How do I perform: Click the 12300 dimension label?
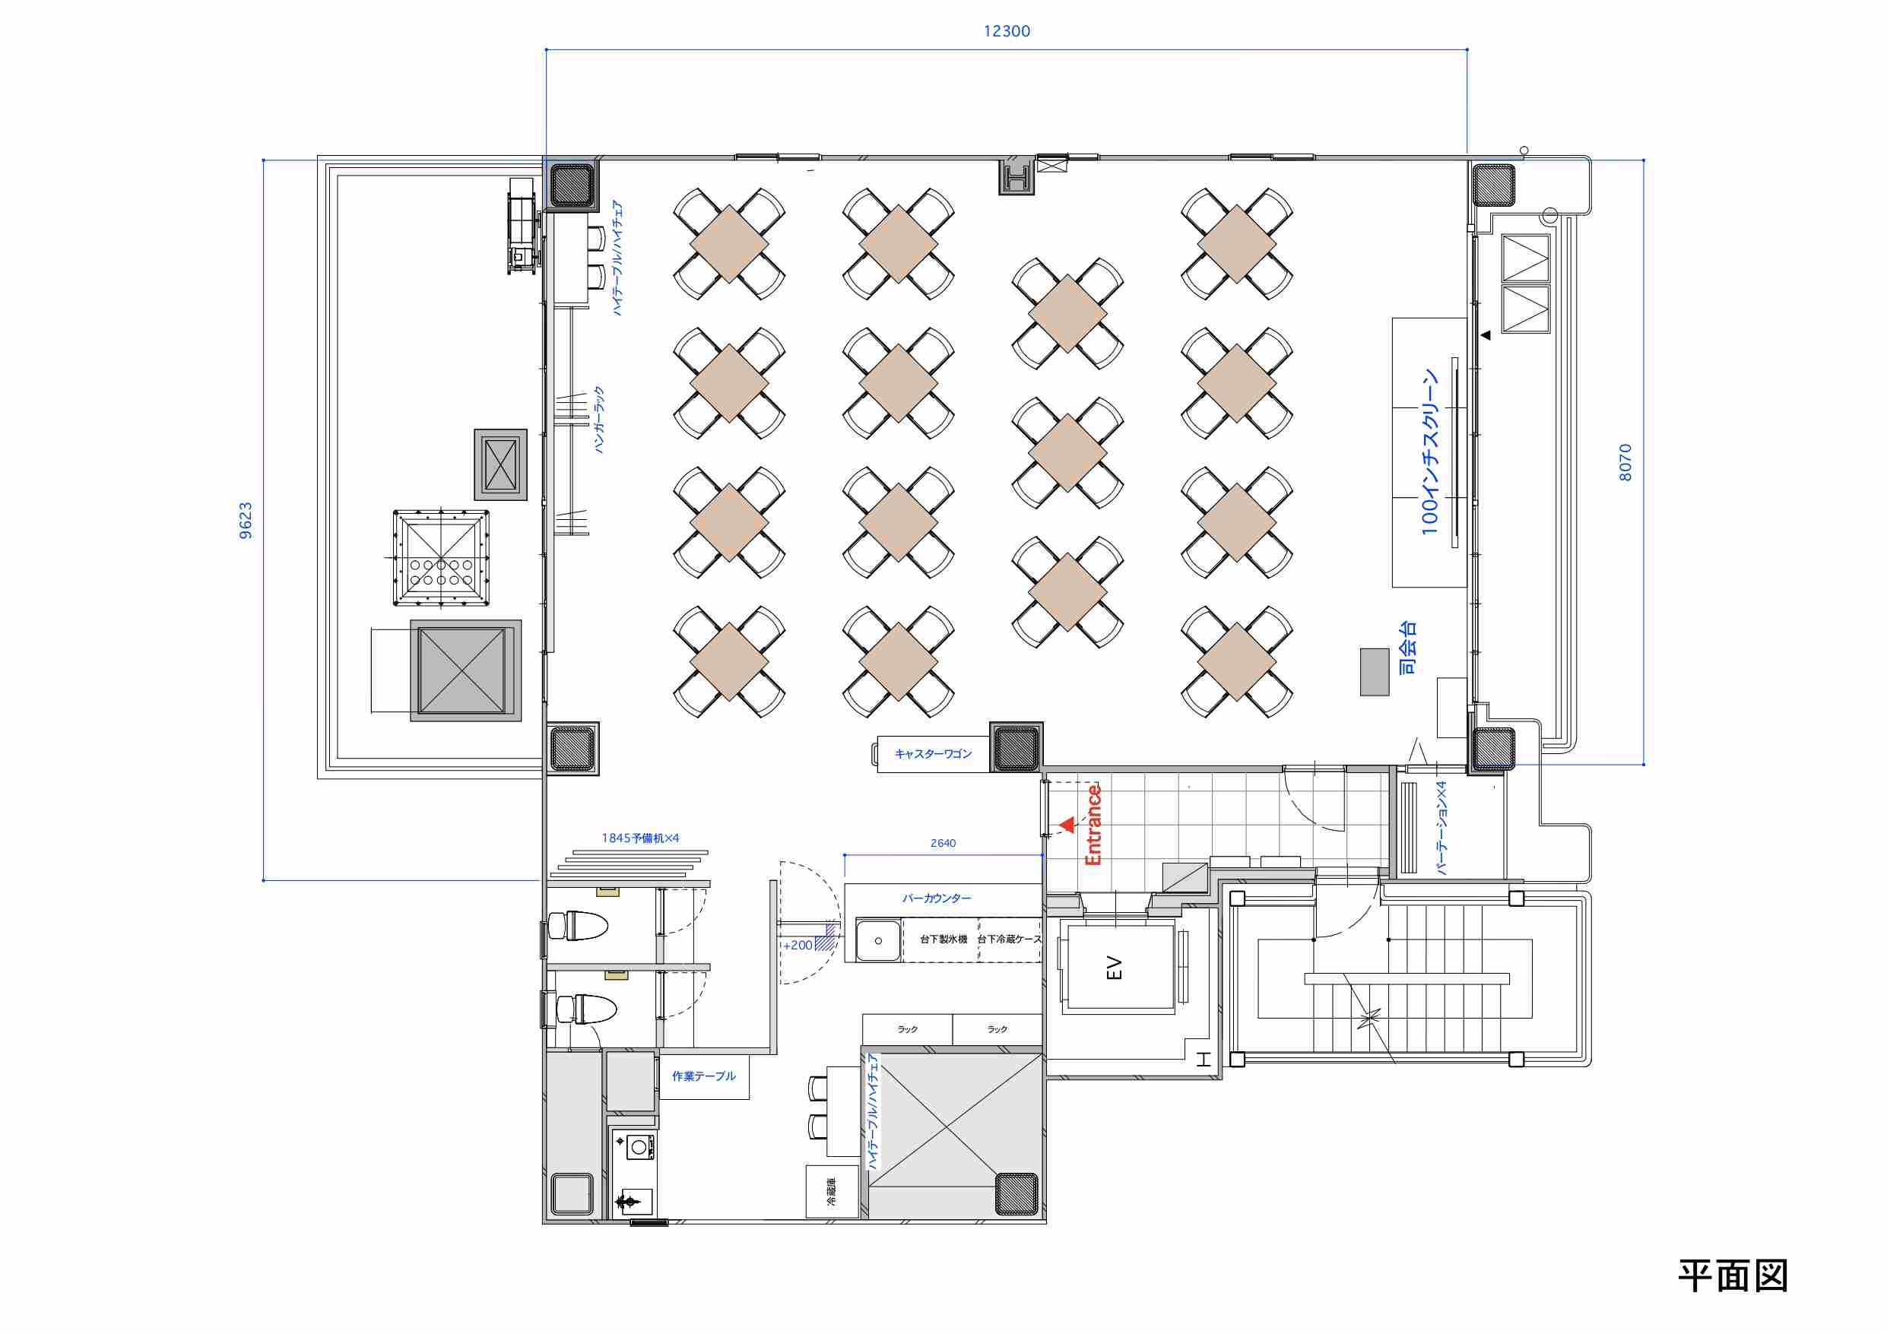1007,31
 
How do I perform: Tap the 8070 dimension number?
1625,463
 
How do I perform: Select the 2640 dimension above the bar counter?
943,843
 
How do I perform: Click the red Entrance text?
1093,825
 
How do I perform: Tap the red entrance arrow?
1067,825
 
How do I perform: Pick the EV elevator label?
1115,968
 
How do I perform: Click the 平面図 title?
1733,1276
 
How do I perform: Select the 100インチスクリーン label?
1430,452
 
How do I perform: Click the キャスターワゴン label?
933,754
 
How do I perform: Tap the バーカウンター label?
936,898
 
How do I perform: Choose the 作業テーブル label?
703,1076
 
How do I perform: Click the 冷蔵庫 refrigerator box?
832,1192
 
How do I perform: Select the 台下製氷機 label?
943,940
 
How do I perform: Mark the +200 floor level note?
798,946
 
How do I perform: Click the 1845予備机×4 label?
640,838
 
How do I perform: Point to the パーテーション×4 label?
1441,828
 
